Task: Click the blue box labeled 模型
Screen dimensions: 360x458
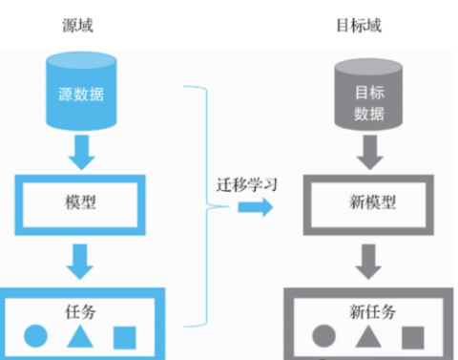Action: (80, 202)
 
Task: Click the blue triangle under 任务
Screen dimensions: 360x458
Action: (79, 336)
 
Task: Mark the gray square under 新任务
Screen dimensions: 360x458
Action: (411, 336)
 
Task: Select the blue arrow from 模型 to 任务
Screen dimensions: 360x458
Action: (80, 258)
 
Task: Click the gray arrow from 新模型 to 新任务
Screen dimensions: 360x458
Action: (363, 259)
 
